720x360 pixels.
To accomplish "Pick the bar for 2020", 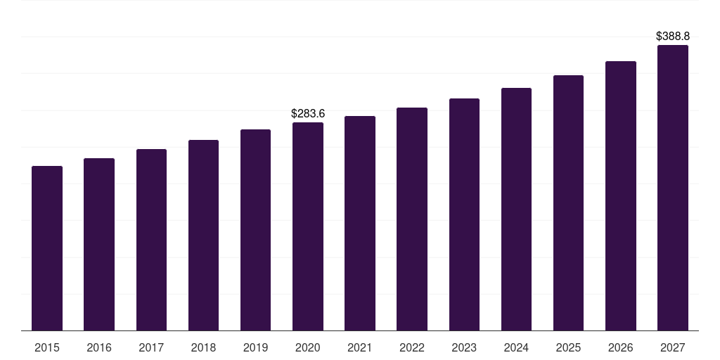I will point(308,226).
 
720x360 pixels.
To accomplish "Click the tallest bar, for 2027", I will point(673,188).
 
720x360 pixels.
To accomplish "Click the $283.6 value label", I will point(308,113).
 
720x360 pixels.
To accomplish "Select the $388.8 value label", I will point(673,36).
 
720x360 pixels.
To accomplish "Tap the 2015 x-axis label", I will point(47,347).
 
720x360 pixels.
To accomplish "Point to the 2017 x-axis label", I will point(151,347).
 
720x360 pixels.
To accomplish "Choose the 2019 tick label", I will point(255,347).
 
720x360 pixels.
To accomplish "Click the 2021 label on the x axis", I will point(360,347).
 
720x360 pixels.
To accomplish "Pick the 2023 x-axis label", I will point(464,347).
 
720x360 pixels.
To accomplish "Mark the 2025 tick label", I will point(568,347).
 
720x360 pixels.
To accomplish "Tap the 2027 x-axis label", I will point(673,347).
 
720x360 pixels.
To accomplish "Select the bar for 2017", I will point(151,240).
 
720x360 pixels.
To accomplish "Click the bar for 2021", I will point(360,223).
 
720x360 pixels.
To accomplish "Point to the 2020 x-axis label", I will point(308,347).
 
